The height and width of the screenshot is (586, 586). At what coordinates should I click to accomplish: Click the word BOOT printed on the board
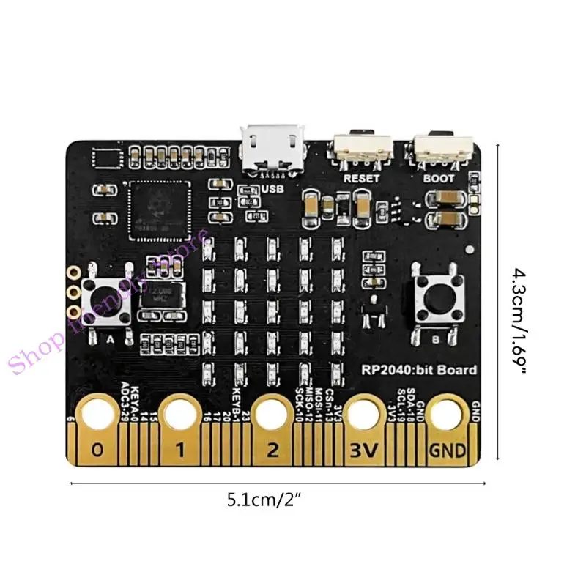(439, 178)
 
